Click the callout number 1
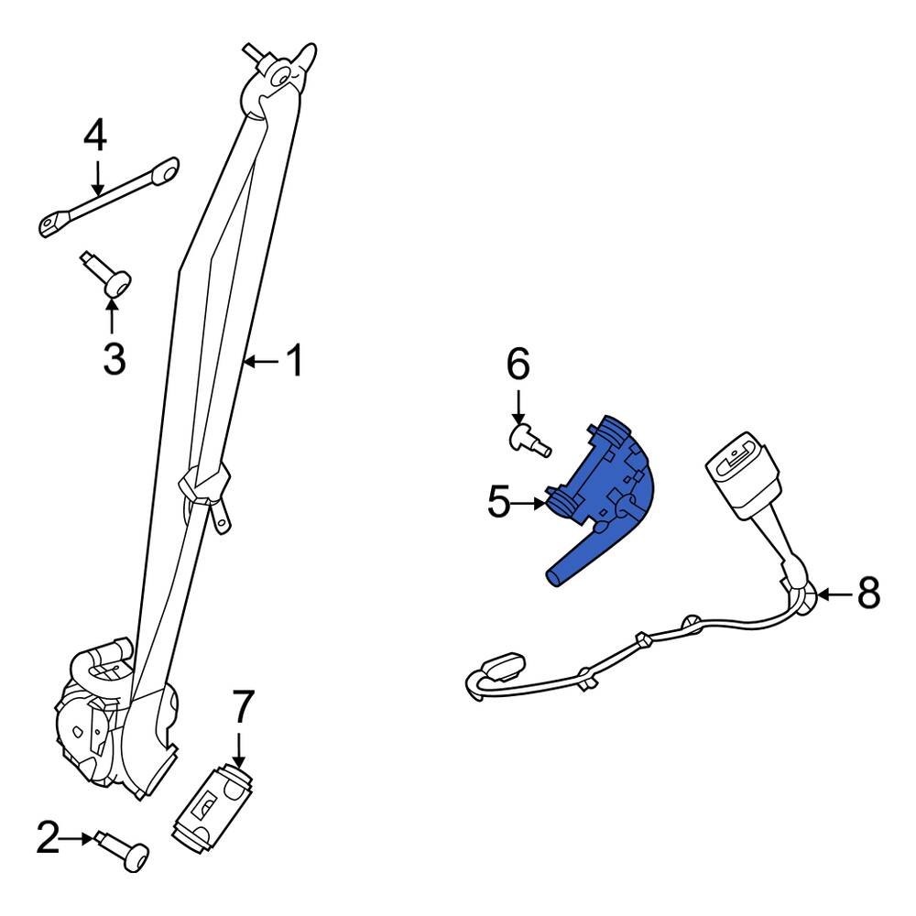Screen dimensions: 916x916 pos(294,361)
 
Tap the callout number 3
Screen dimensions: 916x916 pos(114,358)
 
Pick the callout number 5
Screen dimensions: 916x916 pos(498,502)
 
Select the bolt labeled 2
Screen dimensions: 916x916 pos(127,853)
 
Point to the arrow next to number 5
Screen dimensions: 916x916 pos(530,502)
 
